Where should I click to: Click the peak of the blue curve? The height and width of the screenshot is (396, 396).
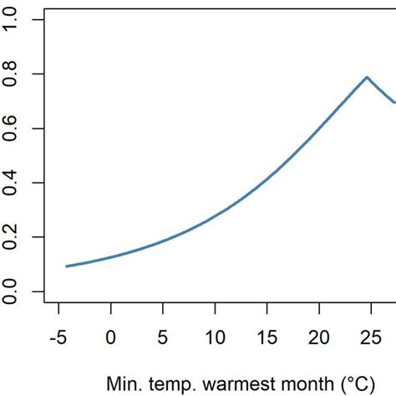[366, 77]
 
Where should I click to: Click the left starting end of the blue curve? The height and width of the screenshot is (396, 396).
[67, 267]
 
